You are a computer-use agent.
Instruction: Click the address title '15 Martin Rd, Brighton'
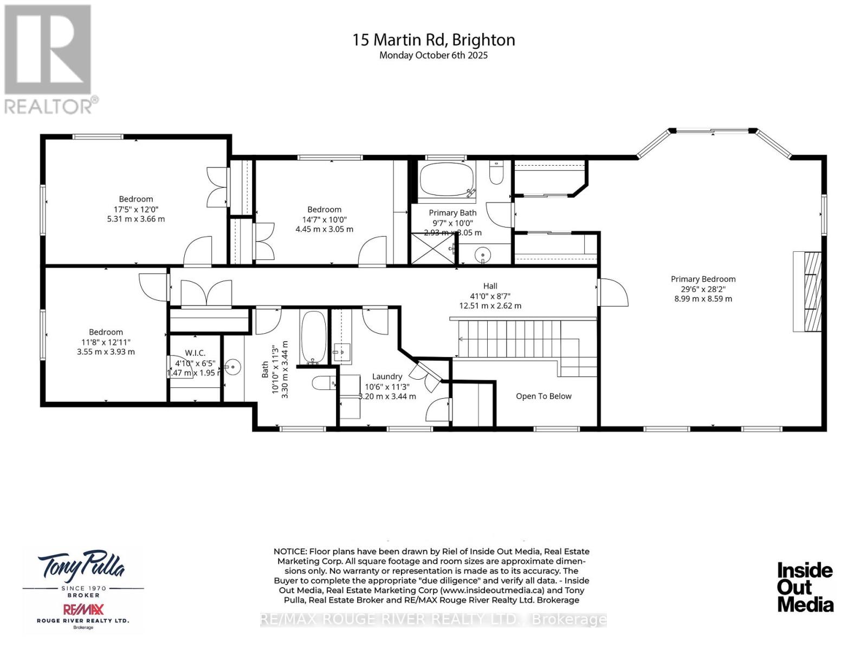[433, 40]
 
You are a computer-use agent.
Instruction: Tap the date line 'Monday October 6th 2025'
[433, 55]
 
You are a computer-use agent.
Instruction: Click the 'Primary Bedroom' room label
[703, 279]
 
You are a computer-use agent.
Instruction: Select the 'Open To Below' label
[544, 396]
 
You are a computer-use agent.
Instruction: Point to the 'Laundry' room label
[387, 376]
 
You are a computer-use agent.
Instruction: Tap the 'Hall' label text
[490, 286]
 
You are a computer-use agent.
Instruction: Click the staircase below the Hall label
[509, 339]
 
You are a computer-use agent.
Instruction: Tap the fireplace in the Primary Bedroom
[808, 291]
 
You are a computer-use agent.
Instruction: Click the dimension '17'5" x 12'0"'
[136, 209]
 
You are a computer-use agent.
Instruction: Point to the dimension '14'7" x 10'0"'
[324, 219]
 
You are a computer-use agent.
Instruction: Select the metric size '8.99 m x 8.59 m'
[703, 298]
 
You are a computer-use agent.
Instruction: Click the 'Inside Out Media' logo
[805, 587]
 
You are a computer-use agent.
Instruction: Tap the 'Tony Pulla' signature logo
[81, 566]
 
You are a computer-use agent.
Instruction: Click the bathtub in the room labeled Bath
[313, 337]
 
